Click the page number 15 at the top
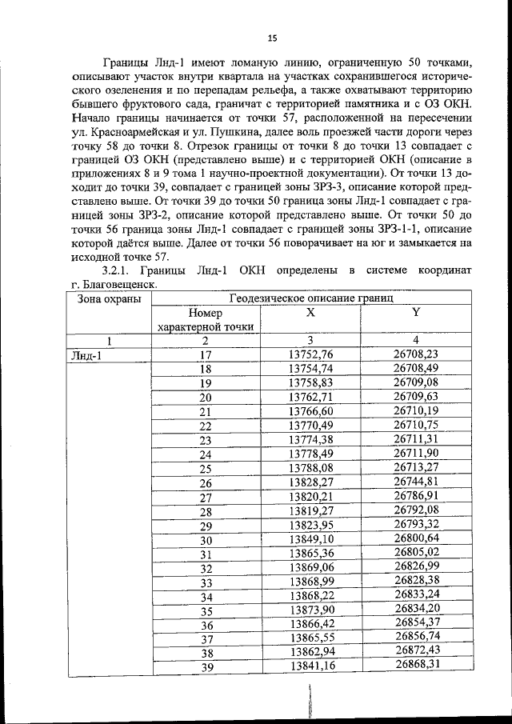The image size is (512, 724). coord(271,38)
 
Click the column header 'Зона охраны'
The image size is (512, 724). coord(110,298)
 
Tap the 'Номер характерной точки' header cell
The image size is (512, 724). coord(206,320)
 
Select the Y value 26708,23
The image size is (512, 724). coord(416,354)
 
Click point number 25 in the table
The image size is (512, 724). coord(206,469)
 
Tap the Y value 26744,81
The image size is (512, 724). coord(416,482)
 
